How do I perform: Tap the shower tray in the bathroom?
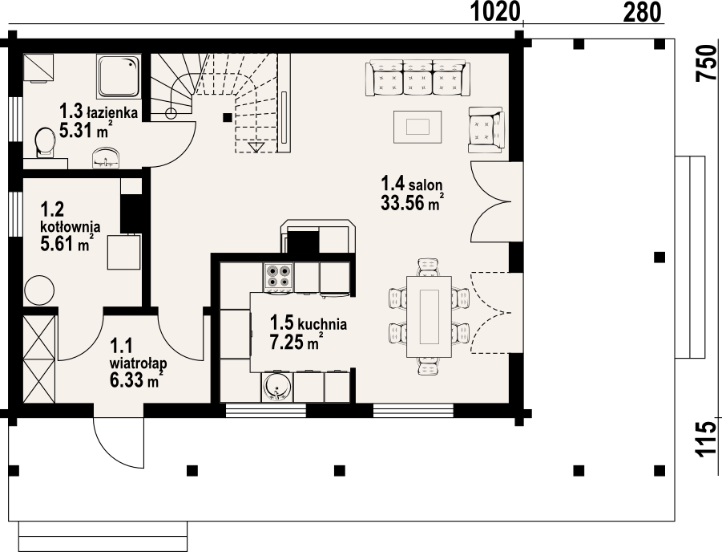click(118, 76)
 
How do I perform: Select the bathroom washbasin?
click(107, 157)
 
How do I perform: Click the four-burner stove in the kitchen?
click(279, 277)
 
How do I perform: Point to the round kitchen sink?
click(276, 386)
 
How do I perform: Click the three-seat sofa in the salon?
click(417, 78)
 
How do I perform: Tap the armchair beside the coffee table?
click(486, 130)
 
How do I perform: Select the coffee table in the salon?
click(417, 127)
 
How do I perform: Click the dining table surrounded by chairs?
click(429, 317)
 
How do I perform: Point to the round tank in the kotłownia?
click(39, 290)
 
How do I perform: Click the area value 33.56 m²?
click(412, 203)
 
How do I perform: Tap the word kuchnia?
click(322, 323)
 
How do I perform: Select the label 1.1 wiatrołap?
click(138, 354)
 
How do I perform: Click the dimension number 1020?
click(495, 11)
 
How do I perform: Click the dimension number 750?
click(708, 63)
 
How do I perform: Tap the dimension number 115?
click(708, 440)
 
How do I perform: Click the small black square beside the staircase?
click(227, 117)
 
